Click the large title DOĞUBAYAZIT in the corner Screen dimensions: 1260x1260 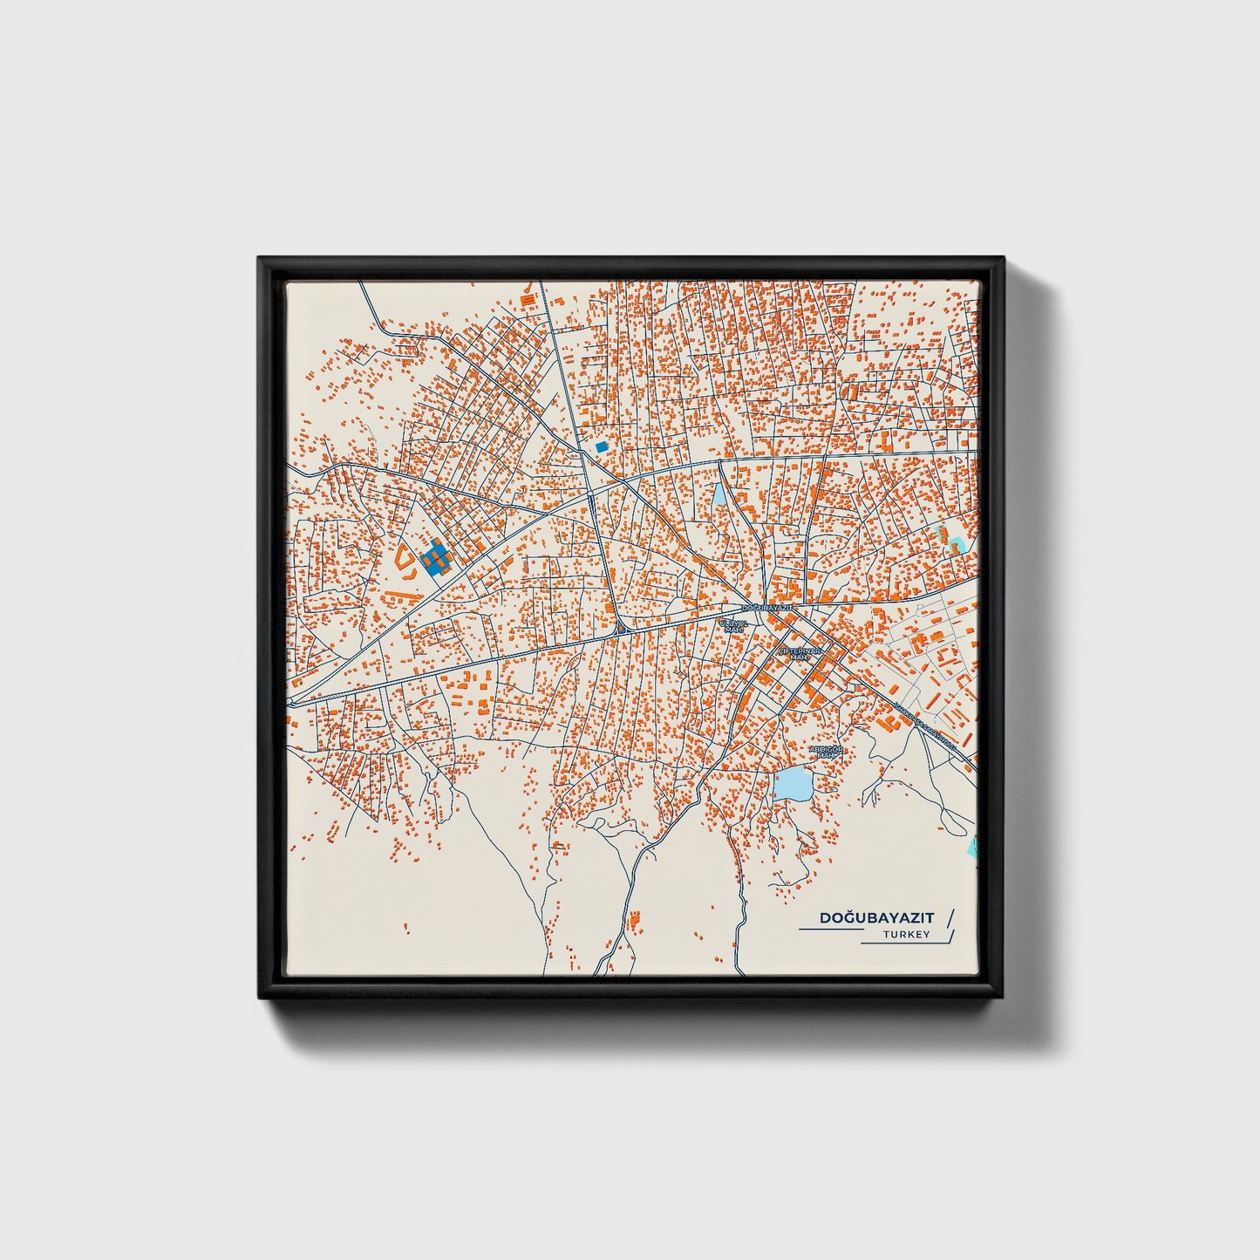[x=876, y=918]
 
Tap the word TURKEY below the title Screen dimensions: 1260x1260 [x=906, y=935]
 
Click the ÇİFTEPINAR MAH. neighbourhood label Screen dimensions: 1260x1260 [x=800, y=653]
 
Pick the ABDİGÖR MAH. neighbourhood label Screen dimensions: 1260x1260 [x=827, y=751]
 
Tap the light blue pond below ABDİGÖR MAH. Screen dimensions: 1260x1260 [x=793, y=784]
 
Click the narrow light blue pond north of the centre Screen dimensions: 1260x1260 [x=719, y=498]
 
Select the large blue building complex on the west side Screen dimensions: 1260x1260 [x=434, y=556]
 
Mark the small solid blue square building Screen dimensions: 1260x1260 [x=601, y=446]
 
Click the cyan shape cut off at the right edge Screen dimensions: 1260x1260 [x=975, y=845]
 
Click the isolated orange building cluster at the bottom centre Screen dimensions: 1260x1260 [x=634, y=918]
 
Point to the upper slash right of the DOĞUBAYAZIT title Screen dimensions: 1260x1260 [x=950, y=917]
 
